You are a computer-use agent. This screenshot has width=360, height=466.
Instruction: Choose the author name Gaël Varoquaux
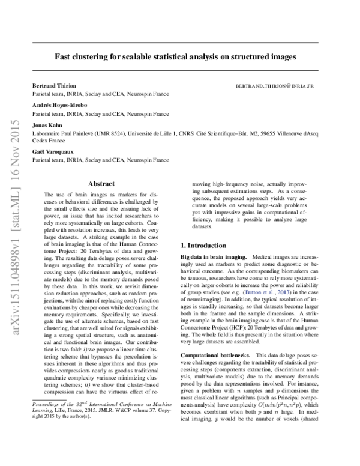click(50, 153)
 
